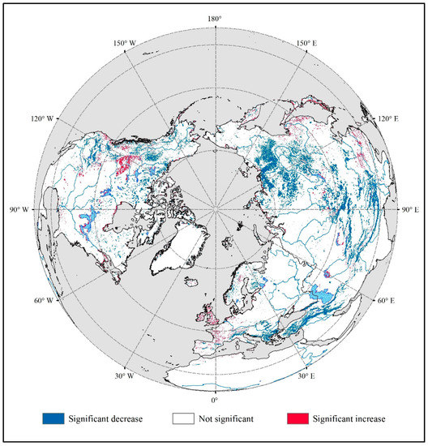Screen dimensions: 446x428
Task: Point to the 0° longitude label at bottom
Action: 215,400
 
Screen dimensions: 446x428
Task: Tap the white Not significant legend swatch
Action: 182,419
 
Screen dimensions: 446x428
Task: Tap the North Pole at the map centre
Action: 215,209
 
